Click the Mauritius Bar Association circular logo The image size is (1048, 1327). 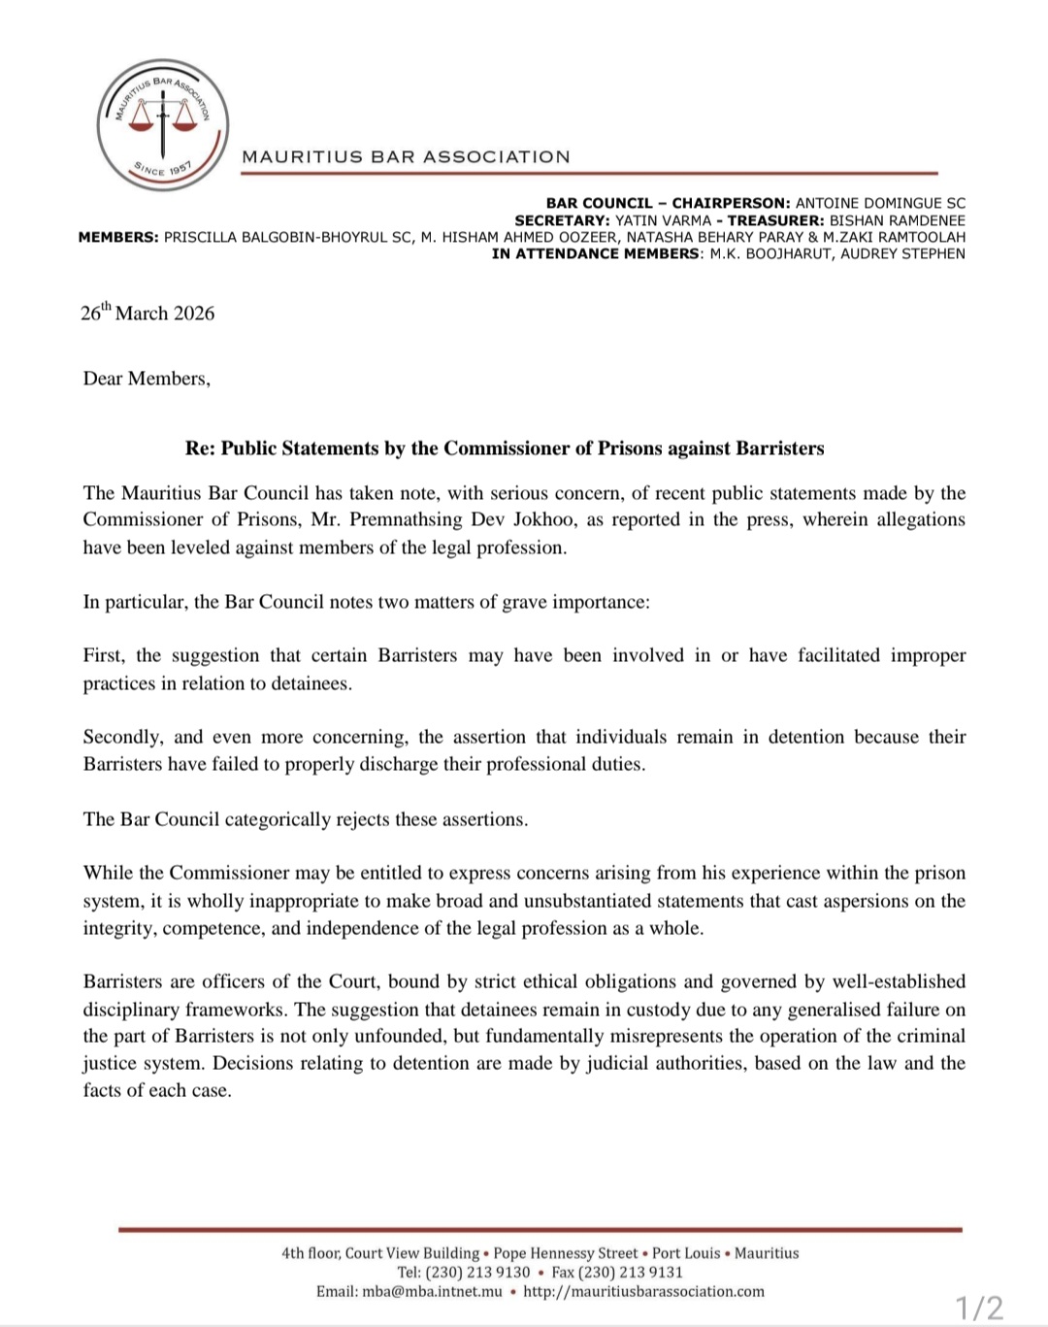tap(163, 125)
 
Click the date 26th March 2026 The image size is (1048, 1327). tap(147, 313)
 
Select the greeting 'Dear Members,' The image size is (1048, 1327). tap(147, 379)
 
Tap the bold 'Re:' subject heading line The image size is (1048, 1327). tap(505, 448)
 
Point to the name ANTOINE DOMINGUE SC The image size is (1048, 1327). tap(880, 203)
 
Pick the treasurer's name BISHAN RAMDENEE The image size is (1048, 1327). tap(898, 220)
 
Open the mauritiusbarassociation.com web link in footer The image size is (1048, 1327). tap(643, 1291)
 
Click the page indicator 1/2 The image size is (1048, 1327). tap(979, 1308)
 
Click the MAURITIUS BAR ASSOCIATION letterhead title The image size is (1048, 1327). tap(406, 156)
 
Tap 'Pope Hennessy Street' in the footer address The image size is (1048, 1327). tap(566, 1253)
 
